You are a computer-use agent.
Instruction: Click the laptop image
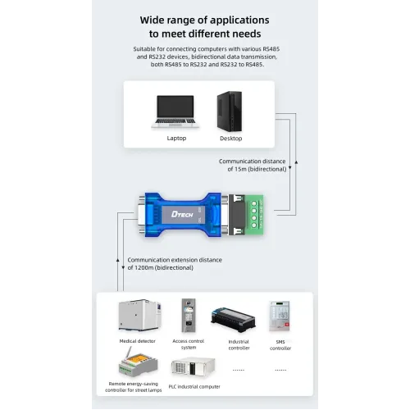pos(175,112)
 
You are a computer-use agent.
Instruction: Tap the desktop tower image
pos(230,112)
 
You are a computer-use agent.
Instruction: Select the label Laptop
pos(176,139)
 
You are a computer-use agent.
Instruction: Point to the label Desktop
pos(231,139)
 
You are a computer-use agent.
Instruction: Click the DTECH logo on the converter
pos(182,214)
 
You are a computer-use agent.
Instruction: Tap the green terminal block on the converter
pos(254,215)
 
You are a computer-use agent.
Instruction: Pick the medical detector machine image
pos(139,315)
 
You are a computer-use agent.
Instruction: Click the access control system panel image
pos(189,315)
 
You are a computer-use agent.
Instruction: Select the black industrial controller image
pos(233,320)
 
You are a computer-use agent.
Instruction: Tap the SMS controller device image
pos(279,317)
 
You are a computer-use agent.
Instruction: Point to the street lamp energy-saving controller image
pos(138,362)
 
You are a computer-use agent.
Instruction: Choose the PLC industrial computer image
pos(194,367)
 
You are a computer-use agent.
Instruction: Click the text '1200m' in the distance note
pos(144,267)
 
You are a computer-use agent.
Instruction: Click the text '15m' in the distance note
pos(240,169)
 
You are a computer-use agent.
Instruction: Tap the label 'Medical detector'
pos(138,341)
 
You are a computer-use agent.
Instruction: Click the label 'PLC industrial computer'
pos(194,387)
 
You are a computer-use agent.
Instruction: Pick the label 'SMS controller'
pos(280,345)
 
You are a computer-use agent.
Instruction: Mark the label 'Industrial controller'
pos(239,344)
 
